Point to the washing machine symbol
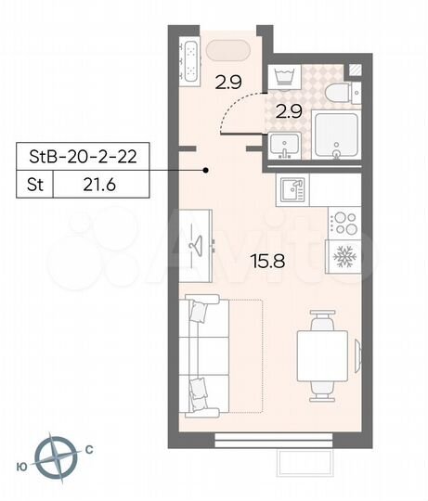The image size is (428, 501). (x=282, y=75)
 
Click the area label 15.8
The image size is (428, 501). (x=266, y=261)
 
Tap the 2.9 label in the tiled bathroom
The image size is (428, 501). (x=288, y=112)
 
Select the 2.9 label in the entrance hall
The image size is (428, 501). (x=228, y=83)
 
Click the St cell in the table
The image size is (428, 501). (x=33, y=185)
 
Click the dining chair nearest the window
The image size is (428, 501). (x=321, y=388)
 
